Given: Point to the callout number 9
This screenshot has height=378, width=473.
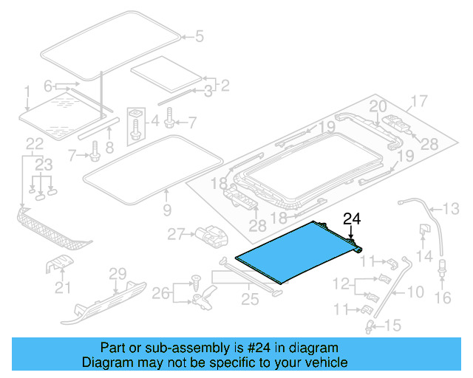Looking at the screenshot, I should tap(166, 211).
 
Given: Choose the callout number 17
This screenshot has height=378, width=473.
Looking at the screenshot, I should tap(419, 100).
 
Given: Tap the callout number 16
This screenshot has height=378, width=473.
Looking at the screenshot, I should tap(442, 298).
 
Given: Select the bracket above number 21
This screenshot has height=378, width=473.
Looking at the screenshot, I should tap(62, 264).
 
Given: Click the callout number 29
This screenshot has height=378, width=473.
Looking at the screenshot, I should tap(118, 275).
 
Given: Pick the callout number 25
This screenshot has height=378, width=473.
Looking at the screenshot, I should tap(249, 298).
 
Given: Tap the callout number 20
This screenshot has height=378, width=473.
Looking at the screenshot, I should tap(378, 106).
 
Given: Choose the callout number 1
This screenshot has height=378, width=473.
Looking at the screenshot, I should tap(27, 92).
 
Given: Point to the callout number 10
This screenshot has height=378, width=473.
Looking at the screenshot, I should tap(416, 292).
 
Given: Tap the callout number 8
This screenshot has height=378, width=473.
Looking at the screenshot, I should tap(109, 147).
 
